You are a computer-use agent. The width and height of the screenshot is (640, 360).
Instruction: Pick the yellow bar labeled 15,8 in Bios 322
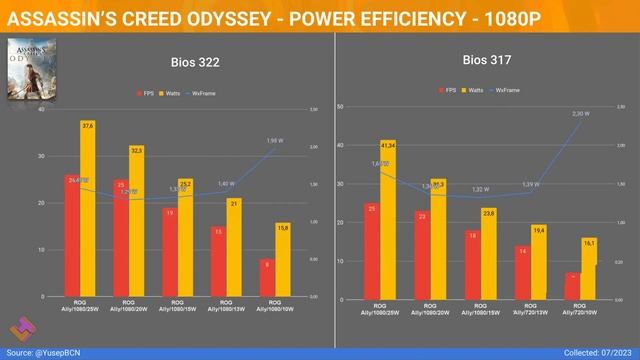(x=284, y=260)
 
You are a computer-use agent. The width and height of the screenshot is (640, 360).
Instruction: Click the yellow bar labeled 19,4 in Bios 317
(x=539, y=262)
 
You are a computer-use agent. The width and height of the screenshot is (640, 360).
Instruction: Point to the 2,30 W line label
(x=580, y=114)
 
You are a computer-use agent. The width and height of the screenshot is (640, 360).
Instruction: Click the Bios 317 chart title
(x=487, y=59)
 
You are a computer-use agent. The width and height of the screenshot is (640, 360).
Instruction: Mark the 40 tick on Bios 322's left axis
(x=41, y=109)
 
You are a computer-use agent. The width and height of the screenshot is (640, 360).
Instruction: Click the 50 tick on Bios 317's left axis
(x=341, y=106)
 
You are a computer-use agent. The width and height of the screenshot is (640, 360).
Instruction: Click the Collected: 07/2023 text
(x=593, y=351)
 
